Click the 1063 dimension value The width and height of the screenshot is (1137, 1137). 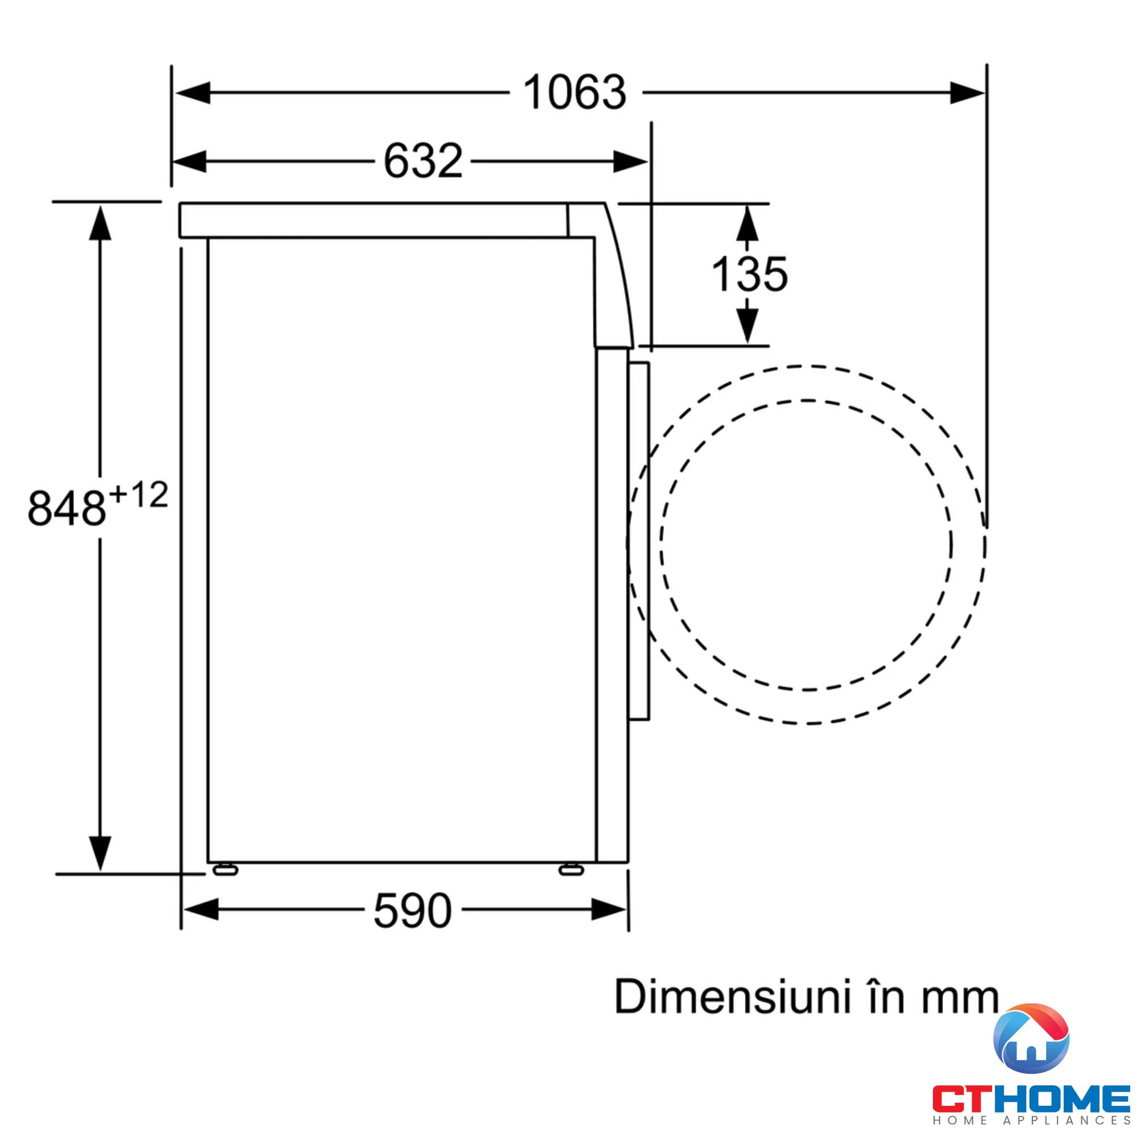point(575,93)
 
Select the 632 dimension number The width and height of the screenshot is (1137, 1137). point(423,161)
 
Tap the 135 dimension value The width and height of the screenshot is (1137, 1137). point(749,274)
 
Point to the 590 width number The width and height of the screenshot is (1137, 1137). point(413,910)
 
